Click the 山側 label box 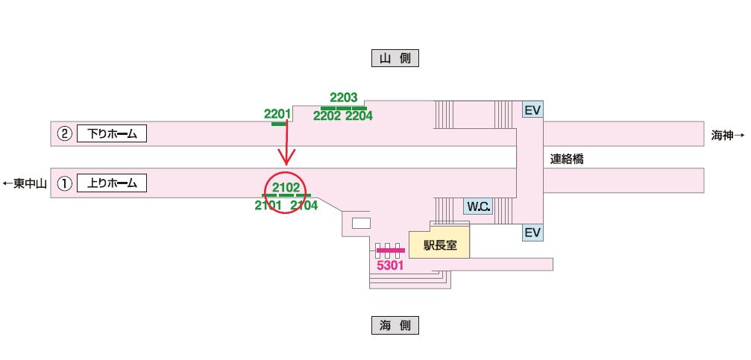[x=395, y=58]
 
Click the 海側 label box [x=395, y=325]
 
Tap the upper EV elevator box [x=532, y=110]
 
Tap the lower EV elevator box [x=532, y=233]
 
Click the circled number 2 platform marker [x=65, y=134]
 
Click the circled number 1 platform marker [x=65, y=183]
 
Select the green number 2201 [x=277, y=114]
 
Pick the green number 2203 [x=344, y=98]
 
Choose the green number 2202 [x=327, y=116]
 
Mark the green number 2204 [x=359, y=116]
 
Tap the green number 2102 [x=286, y=187]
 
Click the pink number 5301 [x=390, y=264]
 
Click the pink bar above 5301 [x=390, y=250]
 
